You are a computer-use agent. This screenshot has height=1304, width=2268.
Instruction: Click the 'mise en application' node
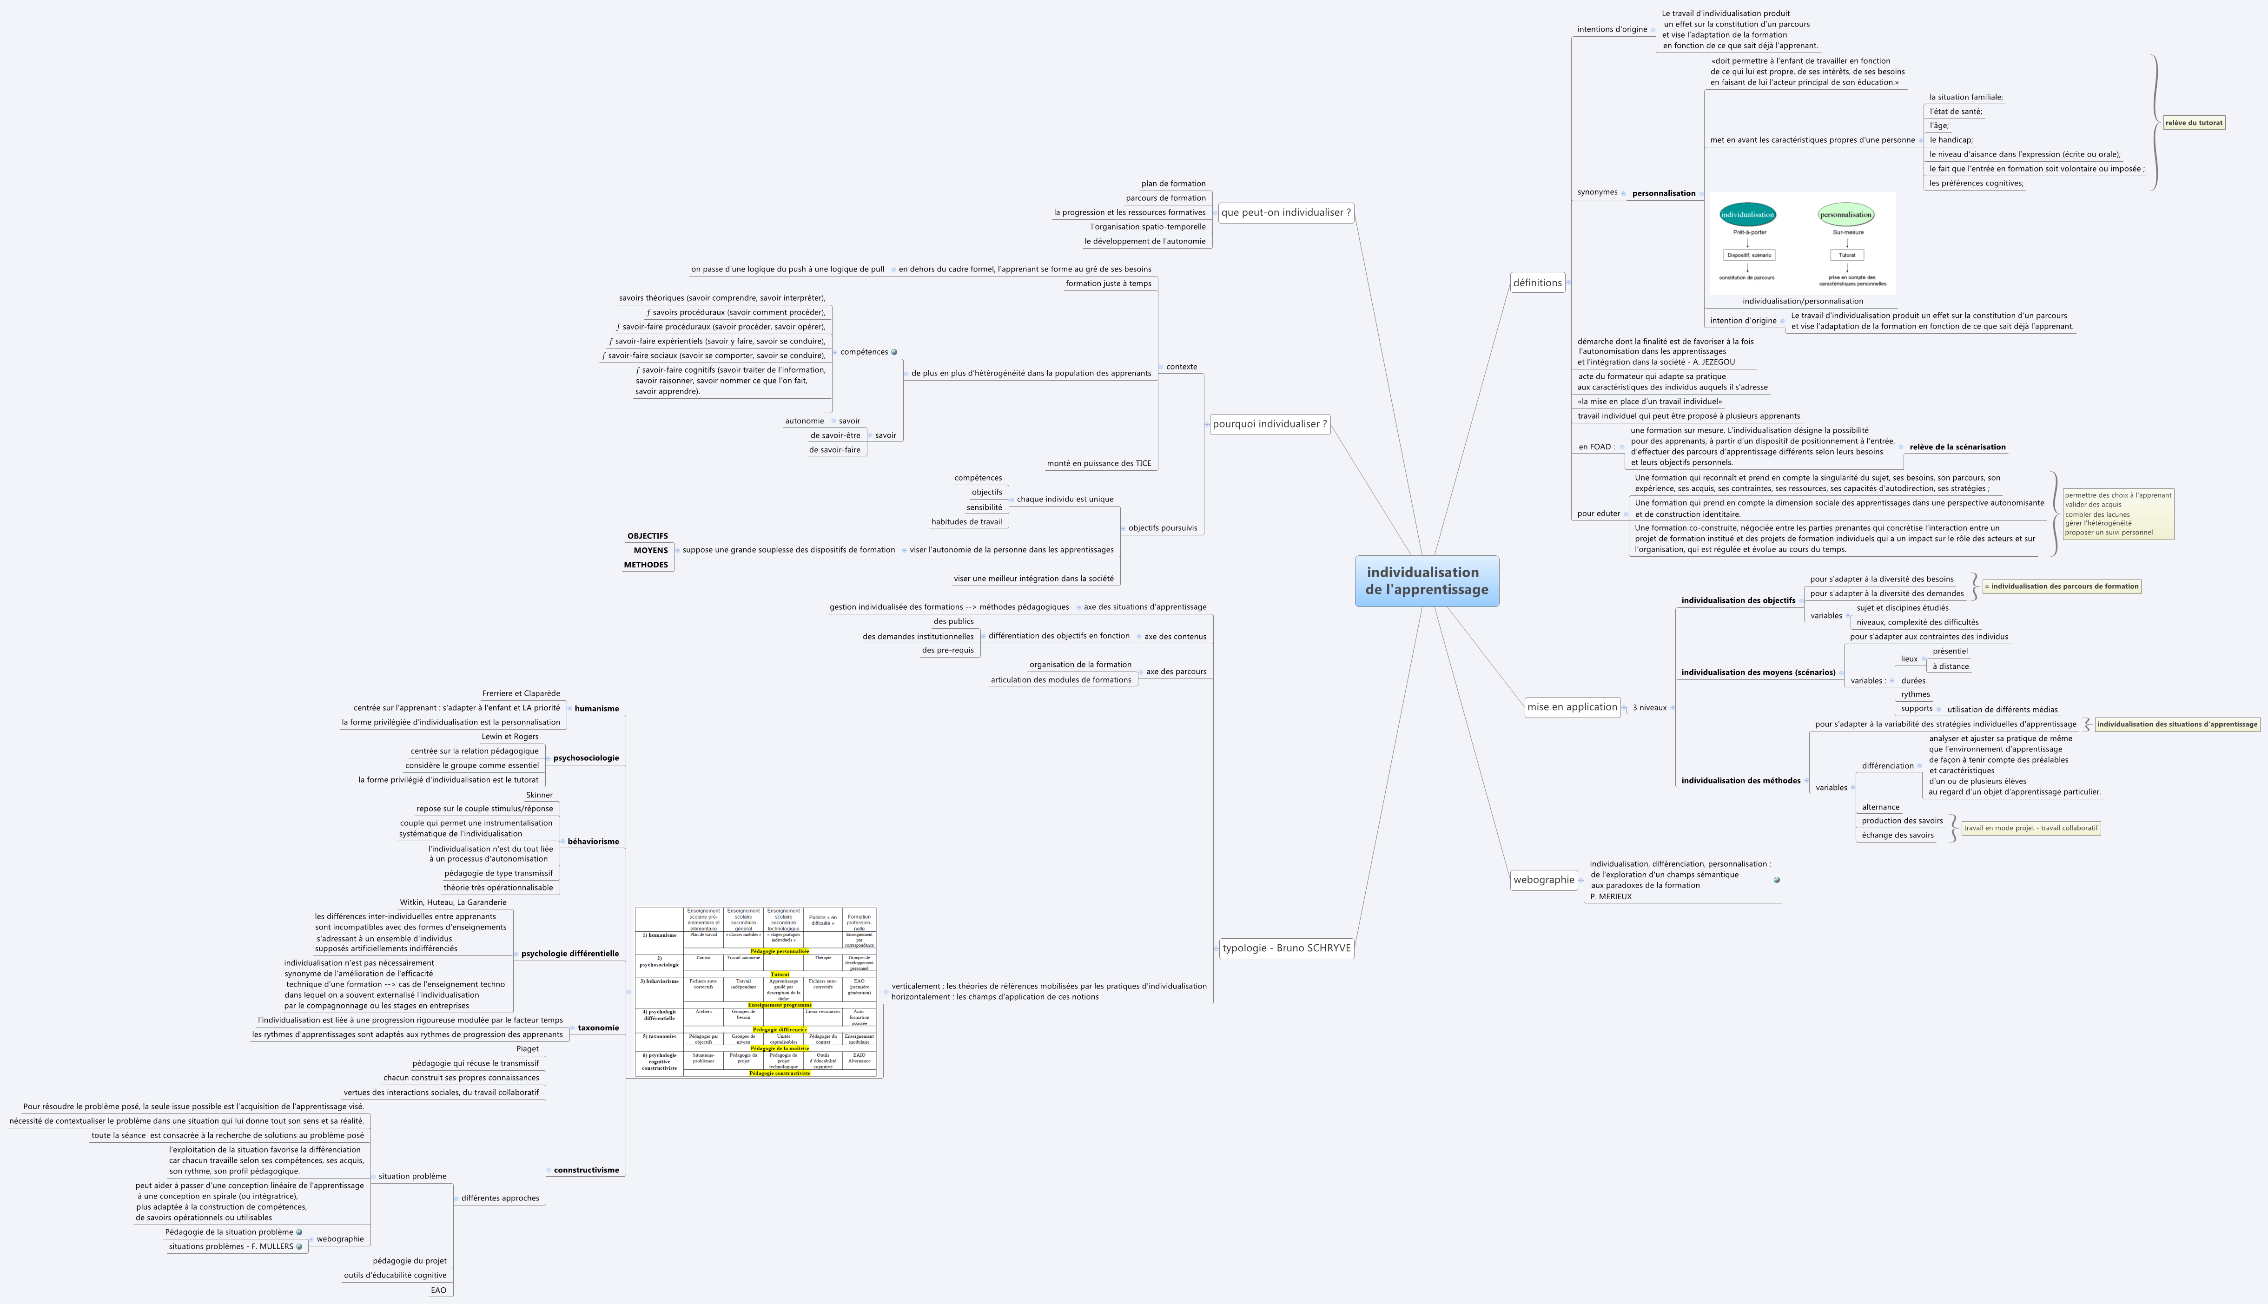[1572, 707]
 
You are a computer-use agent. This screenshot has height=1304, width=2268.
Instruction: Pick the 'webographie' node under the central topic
[1543, 880]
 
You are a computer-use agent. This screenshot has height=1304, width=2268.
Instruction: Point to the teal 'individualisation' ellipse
[1747, 215]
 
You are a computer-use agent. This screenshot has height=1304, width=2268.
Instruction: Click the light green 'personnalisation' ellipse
[1845, 215]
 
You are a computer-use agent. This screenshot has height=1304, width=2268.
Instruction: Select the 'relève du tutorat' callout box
[2194, 123]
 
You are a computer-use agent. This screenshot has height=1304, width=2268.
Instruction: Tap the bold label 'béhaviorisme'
[593, 842]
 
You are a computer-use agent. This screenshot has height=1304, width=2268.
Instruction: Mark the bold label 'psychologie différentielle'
[570, 954]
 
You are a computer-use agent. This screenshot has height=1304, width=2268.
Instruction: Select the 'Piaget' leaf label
[528, 1049]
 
